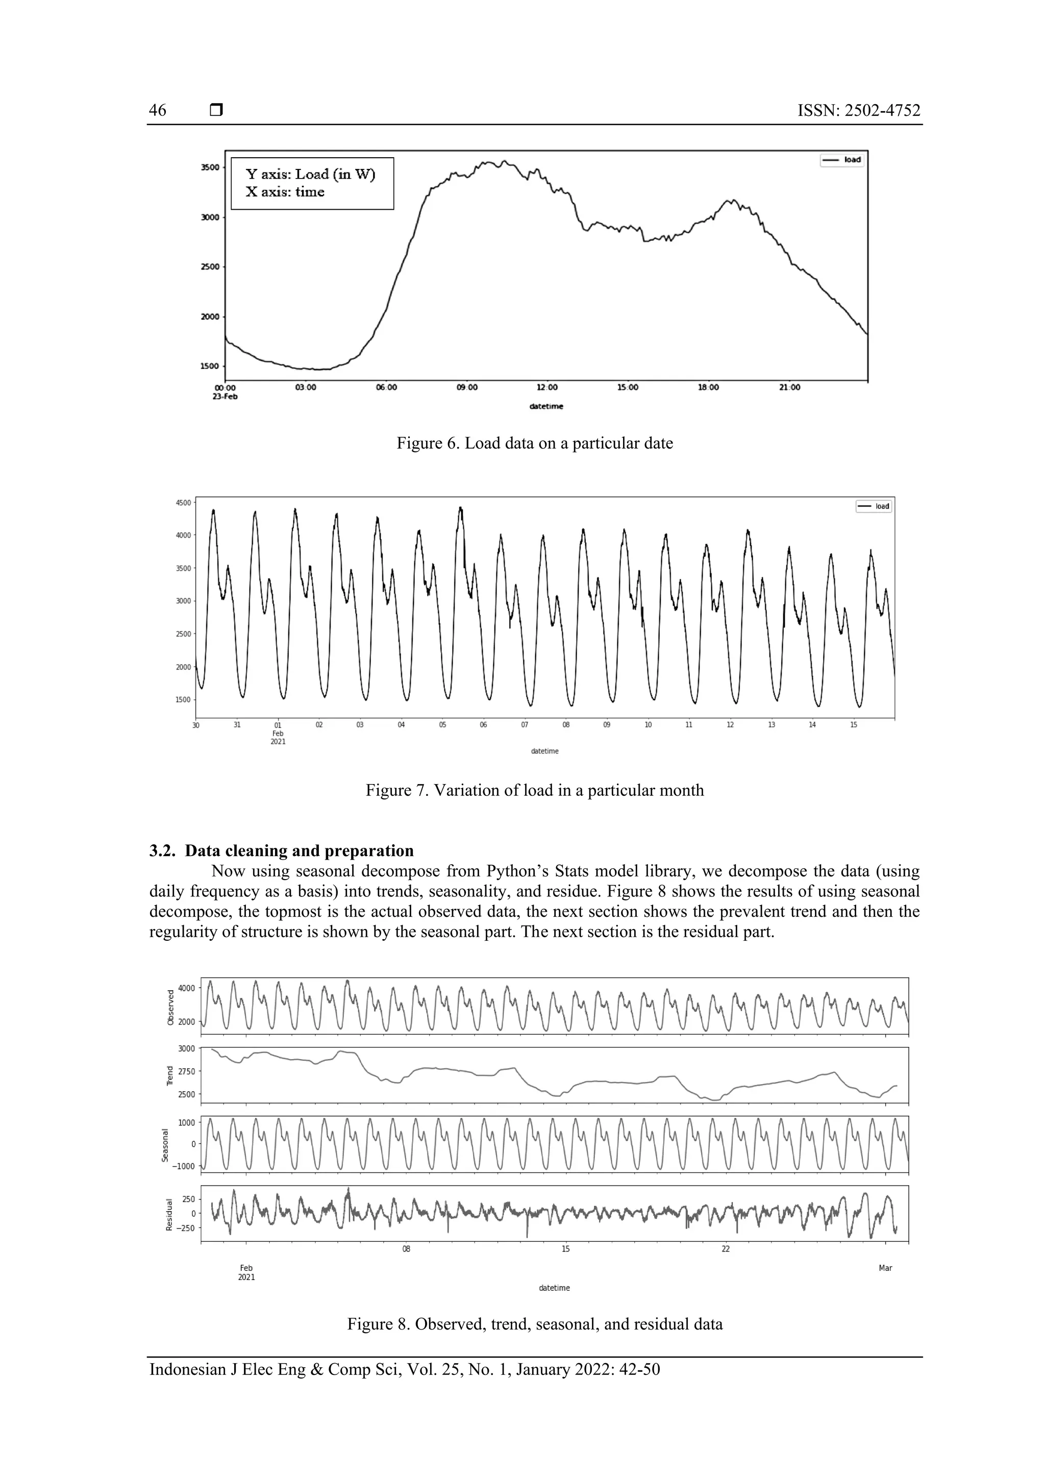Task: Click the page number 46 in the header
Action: tap(158, 111)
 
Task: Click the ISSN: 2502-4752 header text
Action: tap(858, 111)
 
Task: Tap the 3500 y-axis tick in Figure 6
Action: tap(210, 167)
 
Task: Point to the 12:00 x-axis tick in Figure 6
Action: tap(548, 388)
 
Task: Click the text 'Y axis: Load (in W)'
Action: tap(310, 174)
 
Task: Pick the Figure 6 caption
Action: tap(534, 443)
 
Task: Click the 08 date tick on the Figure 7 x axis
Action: tap(566, 725)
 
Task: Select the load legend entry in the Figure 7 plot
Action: tap(874, 506)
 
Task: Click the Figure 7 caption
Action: tap(534, 790)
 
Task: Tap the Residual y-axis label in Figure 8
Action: tap(169, 1215)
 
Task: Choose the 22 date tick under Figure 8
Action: tap(726, 1249)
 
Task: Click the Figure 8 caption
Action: tap(534, 1324)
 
